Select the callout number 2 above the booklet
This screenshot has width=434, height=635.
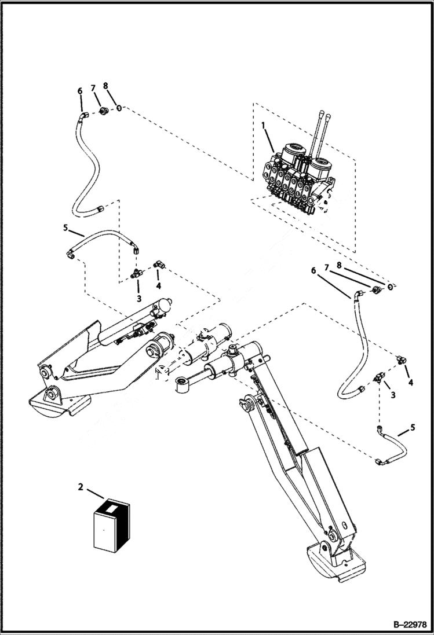pyautogui.click(x=80, y=486)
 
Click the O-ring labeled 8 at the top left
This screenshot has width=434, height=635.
pyautogui.click(x=118, y=107)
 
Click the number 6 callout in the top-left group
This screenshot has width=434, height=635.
pyautogui.click(x=80, y=91)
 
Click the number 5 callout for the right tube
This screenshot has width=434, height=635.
pyautogui.click(x=413, y=427)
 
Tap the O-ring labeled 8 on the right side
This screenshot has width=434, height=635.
pyautogui.click(x=391, y=287)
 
